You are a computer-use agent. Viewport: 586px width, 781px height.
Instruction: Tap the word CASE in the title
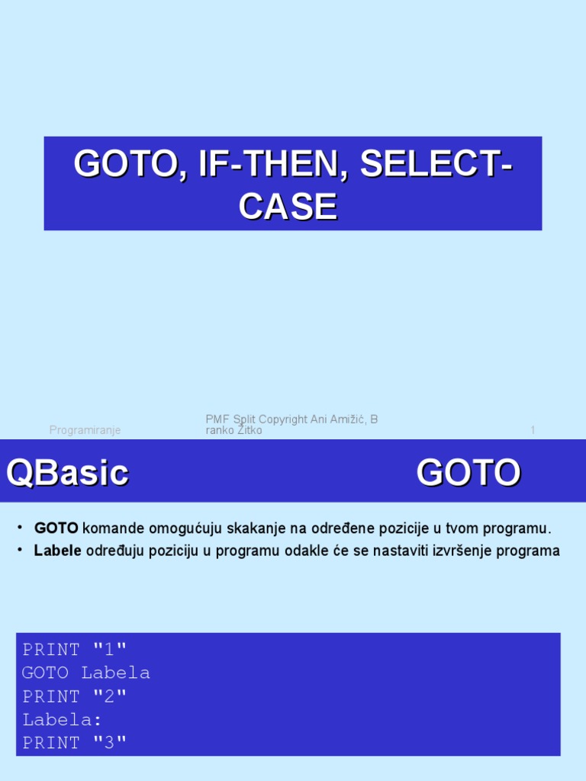pyautogui.click(x=288, y=207)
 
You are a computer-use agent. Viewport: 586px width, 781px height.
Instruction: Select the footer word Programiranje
pyautogui.click(x=85, y=430)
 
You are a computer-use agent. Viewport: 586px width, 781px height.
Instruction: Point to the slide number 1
pyautogui.click(x=533, y=430)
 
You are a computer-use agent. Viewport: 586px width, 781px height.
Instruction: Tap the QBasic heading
pyautogui.click(x=67, y=473)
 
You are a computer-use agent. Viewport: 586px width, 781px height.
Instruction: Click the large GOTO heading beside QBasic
pyautogui.click(x=468, y=473)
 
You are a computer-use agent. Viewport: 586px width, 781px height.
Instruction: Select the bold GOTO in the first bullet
pyautogui.click(x=56, y=529)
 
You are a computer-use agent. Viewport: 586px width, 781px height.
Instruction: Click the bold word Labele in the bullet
pyautogui.click(x=57, y=551)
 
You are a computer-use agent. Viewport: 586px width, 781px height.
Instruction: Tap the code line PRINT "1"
pyautogui.click(x=75, y=650)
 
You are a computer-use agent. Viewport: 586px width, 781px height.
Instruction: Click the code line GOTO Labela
pyautogui.click(x=86, y=673)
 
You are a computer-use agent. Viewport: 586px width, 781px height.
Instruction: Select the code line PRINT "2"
pyautogui.click(x=75, y=696)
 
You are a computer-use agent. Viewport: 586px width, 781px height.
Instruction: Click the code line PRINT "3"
pyautogui.click(x=75, y=743)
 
